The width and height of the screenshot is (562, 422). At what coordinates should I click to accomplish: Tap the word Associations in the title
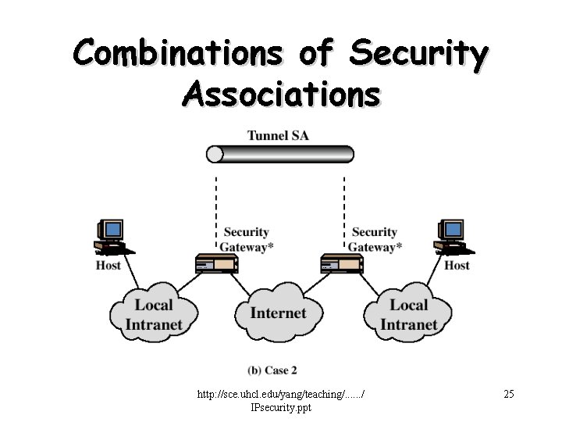(282, 95)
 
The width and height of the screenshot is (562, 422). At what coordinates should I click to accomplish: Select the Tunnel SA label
(278, 135)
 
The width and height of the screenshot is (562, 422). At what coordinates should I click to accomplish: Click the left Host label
(108, 266)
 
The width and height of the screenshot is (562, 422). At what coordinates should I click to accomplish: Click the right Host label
(457, 266)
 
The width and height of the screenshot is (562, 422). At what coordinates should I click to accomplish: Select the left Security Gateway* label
(247, 239)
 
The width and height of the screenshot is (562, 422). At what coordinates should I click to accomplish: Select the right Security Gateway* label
(375, 239)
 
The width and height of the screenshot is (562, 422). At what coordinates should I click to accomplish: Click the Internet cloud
(279, 313)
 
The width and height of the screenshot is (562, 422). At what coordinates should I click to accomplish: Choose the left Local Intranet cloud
(154, 314)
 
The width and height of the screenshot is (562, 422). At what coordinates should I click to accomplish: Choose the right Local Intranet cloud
(408, 314)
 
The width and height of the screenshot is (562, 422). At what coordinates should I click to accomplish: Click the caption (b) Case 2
(272, 370)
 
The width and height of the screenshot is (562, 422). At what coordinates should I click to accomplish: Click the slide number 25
(509, 394)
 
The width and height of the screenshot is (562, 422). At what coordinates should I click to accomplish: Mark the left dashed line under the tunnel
(216, 207)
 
